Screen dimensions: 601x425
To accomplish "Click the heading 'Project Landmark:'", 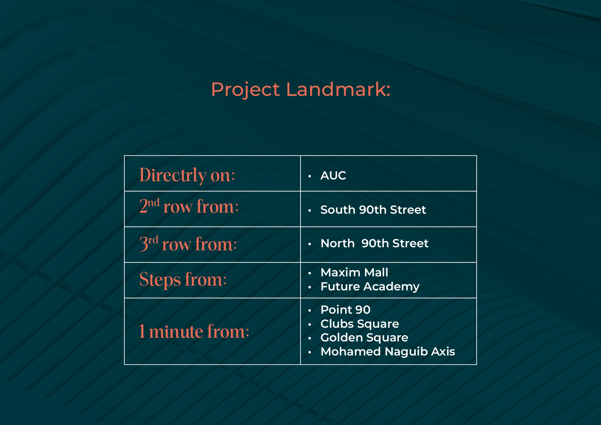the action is click(300, 90).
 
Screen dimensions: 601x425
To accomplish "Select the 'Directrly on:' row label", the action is click(187, 175).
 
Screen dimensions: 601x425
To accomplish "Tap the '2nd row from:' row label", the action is click(189, 206).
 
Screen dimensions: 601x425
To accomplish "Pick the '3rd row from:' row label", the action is click(188, 243).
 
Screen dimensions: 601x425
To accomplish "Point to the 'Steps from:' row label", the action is click(183, 279).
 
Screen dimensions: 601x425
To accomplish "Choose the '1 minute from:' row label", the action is click(194, 332).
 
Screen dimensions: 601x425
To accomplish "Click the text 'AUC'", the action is click(333, 175).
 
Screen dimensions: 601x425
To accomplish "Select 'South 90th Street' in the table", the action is click(373, 210).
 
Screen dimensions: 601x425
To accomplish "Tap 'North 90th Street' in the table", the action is click(375, 243).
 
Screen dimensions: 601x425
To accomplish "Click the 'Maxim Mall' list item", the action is click(354, 272).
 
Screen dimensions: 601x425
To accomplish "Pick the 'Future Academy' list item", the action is click(370, 286).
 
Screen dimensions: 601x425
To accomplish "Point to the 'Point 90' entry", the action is click(345, 310).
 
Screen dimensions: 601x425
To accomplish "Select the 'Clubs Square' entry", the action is click(360, 324).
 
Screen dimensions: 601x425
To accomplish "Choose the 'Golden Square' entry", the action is click(364, 337).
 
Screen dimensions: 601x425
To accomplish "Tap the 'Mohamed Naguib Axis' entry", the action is click(388, 351).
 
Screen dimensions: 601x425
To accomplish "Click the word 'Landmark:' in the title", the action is click(338, 89).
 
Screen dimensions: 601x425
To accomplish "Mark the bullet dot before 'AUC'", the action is click(310, 176).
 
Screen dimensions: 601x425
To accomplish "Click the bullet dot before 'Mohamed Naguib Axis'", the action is click(310, 352).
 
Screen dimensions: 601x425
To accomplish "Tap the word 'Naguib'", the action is click(406, 352).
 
